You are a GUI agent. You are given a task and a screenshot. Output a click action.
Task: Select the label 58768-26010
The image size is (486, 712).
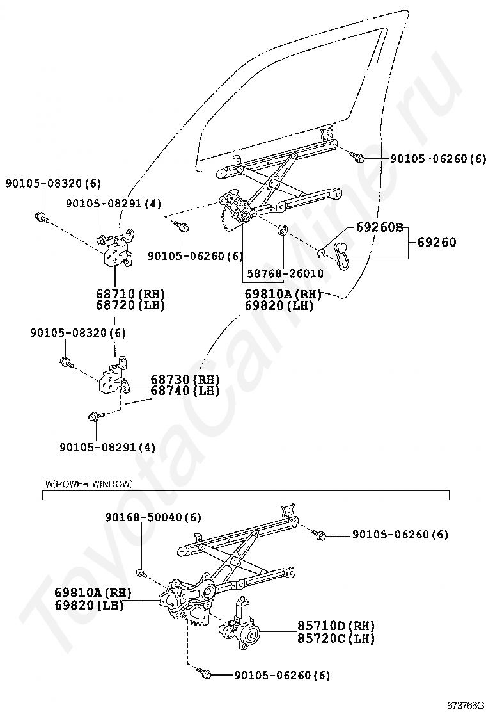click(x=283, y=273)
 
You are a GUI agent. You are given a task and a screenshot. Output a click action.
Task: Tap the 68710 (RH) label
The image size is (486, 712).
click(x=130, y=294)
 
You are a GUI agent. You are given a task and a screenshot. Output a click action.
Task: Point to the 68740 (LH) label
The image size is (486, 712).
click(x=185, y=391)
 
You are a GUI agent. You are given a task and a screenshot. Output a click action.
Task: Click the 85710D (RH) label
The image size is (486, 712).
click(x=336, y=626)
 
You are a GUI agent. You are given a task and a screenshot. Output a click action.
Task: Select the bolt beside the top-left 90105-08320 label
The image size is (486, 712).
click(x=41, y=216)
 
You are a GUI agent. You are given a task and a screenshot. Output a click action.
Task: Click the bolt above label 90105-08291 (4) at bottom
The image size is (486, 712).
click(x=94, y=417)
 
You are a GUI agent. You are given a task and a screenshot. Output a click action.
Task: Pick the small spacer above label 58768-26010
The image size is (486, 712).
click(x=281, y=229)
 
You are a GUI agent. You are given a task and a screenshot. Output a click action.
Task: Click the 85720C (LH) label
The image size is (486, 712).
click(x=336, y=638)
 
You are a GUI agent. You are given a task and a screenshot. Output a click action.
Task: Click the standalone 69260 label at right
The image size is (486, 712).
click(x=437, y=242)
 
